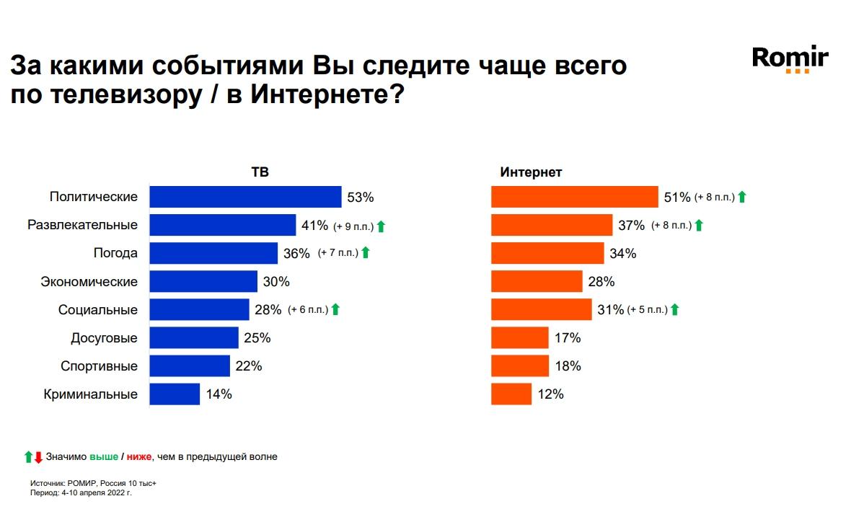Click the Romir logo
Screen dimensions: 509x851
pos(790,58)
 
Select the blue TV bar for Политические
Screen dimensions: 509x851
pos(245,197)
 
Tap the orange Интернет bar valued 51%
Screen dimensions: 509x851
pos(575,197)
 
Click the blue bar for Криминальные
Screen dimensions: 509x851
pos(175,394)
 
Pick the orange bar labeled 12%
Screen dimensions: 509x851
pos(511,394)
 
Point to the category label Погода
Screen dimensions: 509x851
pos(115,253)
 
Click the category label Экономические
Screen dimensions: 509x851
pos(89,281)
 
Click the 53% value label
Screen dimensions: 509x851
pos(360,197)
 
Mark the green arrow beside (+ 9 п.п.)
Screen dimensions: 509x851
pos(382,226)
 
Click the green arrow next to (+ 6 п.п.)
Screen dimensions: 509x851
pos(335,310)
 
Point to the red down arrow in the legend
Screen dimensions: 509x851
pos(38,456)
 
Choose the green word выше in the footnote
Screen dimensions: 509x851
pos(103,456)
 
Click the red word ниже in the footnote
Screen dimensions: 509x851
pos(139,456)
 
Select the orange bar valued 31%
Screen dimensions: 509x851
pos(542,309)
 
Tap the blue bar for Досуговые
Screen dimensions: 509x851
pos(194,337)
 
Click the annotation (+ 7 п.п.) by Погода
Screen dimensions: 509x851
pos(337,253)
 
